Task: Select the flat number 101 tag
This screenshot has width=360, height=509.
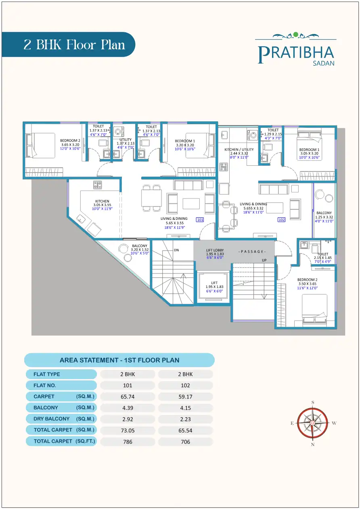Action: coord(200,220)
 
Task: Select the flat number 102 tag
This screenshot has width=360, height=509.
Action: coord(281,220)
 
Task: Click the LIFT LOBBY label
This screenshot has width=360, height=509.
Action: coord(214,250)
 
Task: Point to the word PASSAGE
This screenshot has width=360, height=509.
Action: coord(252,252)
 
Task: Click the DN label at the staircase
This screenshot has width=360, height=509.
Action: coord(176,250)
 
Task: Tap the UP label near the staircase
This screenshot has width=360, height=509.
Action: coord(264,260)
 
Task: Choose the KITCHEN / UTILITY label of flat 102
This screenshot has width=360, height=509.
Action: coord(239,150)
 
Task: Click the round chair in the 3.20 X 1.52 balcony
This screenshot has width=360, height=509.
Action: coord(123,248)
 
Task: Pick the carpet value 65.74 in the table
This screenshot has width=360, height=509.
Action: coord(128,396)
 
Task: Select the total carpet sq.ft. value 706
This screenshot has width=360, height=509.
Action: coord(185,442)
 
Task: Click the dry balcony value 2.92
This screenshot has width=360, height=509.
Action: coord(128,419)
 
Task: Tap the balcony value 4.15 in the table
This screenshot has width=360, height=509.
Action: coord(185,408)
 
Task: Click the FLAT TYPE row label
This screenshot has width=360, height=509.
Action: coord(47,374)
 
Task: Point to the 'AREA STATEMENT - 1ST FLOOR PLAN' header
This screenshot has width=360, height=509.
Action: coord(119,360)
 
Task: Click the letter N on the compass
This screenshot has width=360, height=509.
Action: coord(313,444)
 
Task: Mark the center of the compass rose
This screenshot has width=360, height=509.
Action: coord(313,423)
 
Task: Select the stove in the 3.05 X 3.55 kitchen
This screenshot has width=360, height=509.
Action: coord(98,185)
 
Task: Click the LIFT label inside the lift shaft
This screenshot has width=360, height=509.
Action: coord(214,283)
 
